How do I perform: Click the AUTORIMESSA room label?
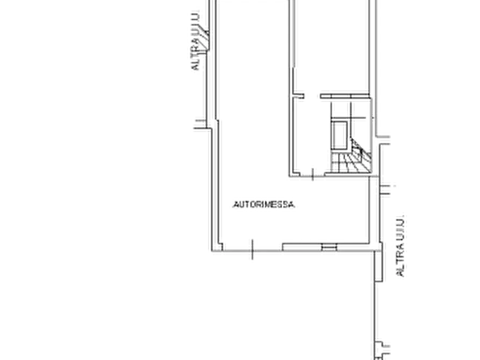tap(264, 205)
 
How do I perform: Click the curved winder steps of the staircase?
tap(361, 157)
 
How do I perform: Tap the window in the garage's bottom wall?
tap(329, 247)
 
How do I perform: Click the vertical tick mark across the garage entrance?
tap(252, 249)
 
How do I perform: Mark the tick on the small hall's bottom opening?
tap(312, 174)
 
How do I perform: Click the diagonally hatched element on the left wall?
tap(203, 40)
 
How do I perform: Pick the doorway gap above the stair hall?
tap(312, 96)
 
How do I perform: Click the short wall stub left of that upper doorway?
tap(298, 96)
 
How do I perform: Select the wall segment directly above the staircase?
tap(345, 96)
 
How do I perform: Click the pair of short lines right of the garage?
tap(385, 190)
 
